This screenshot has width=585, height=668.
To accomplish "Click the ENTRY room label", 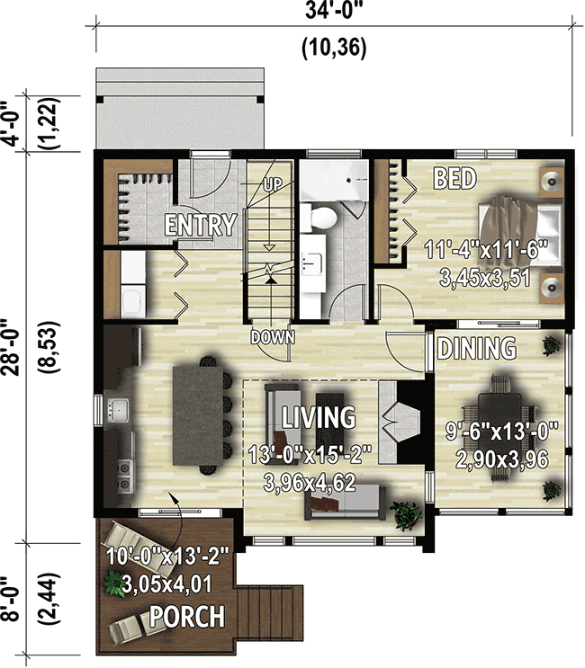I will tap(200, 225).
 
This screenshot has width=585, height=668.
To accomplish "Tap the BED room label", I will tap(454, 178).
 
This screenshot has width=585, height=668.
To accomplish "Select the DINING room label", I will tap(476, 348).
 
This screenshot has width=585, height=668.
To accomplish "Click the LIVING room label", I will tap(318, 417).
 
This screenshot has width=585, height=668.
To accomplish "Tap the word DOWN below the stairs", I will tap(273, 337).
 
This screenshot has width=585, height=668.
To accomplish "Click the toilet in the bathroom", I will tap(319, 217).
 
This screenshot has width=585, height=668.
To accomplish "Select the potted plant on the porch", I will tap(113, 583).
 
